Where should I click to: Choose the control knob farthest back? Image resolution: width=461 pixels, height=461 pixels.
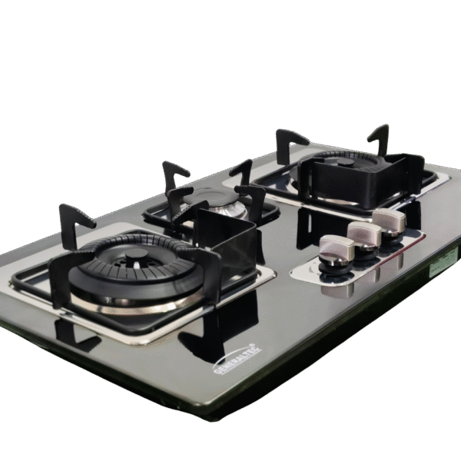(x=389, y=221)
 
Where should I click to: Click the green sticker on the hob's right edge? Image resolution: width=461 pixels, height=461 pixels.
(x=441, y=266)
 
